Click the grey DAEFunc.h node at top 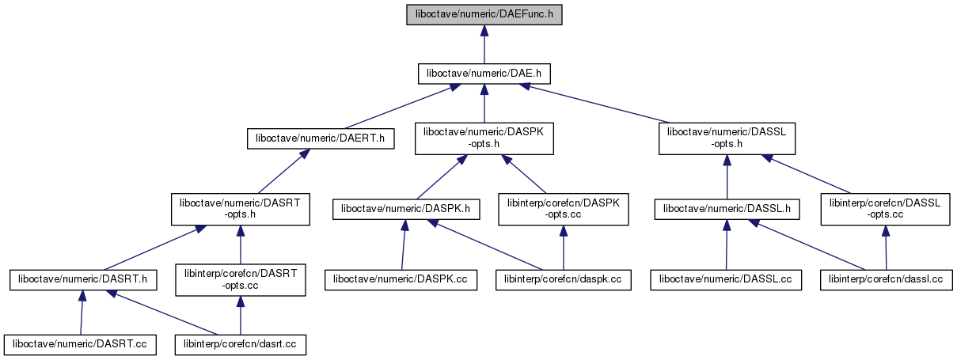484,14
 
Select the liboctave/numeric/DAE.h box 484,74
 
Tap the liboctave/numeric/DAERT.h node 321,138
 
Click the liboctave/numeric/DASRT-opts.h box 241,209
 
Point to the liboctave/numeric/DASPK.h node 405,209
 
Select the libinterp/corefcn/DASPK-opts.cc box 563,209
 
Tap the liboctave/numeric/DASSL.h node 727,209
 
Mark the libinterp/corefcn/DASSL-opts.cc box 884,209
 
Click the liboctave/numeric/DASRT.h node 82,279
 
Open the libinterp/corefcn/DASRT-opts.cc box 240,279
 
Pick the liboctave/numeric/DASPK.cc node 401,279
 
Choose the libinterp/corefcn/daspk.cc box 563,279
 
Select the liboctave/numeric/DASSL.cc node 726,279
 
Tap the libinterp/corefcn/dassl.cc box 886,279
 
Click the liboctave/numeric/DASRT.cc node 79,344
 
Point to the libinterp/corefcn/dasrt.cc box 241,344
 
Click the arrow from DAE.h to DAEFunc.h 484,44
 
